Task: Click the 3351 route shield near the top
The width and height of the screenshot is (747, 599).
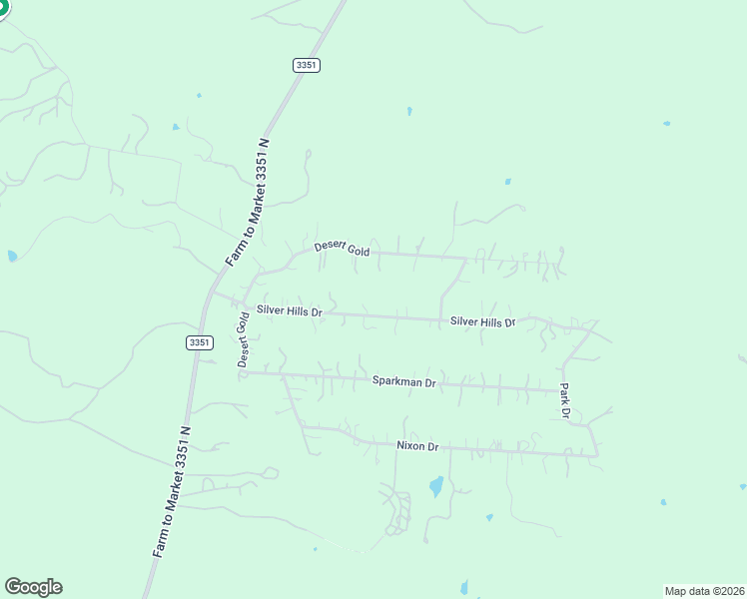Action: click(307, 64)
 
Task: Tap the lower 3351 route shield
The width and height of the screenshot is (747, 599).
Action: click(199, 342)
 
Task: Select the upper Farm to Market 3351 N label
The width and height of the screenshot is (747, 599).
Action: click(250, 202)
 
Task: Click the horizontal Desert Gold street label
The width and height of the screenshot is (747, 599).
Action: click(342, 249)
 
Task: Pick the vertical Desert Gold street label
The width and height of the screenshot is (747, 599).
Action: click(243, 340)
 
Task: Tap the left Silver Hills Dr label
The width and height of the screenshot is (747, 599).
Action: click(289, 310)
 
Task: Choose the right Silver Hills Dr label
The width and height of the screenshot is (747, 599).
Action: click(482, 321)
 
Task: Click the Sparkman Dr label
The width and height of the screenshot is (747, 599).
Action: click(404, 381)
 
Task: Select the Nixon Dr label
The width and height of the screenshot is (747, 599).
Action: click(417, 446)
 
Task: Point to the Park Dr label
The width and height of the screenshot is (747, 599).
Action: click(564, 400)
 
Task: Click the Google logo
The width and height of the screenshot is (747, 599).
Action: click(33, 586)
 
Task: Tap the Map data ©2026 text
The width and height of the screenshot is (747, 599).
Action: click(705, 590)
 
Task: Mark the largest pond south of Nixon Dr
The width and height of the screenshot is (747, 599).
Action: click(435, 487)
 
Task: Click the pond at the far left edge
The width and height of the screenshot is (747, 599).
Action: click(12, 256)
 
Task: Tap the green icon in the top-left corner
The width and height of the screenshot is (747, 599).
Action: click(3, 8)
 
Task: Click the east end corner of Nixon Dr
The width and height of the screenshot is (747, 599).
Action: click(597, 456)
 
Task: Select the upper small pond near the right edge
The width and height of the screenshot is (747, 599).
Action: click(666, 124)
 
